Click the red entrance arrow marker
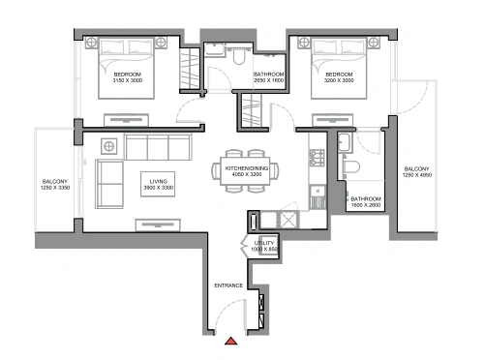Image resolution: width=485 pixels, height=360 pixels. (231, 341)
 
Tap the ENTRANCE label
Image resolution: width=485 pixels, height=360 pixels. (228, 285)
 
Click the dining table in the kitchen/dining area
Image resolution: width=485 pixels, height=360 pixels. (245, 171)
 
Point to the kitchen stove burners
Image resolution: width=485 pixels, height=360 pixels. (317, 158)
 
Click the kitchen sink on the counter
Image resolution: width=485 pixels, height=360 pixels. (318, 193)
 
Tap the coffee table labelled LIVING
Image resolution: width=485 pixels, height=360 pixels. (158, 184)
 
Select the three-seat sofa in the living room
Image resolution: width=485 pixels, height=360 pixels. (158, 147)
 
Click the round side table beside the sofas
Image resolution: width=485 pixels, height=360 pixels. (109, 146)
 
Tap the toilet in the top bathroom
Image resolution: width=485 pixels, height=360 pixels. (239, 55)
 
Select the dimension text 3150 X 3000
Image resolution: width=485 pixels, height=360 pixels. (127, 80)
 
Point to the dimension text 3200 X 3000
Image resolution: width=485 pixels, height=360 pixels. (339, 80)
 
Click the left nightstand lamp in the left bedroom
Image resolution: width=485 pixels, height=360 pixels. (91, 42)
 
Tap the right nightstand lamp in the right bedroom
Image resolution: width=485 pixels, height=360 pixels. (374, 42)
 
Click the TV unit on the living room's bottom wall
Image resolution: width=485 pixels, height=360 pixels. (158, 225)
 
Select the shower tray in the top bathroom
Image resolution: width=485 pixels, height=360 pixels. (214, 50)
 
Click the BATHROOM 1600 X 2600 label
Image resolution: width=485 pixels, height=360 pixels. (366, 202)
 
